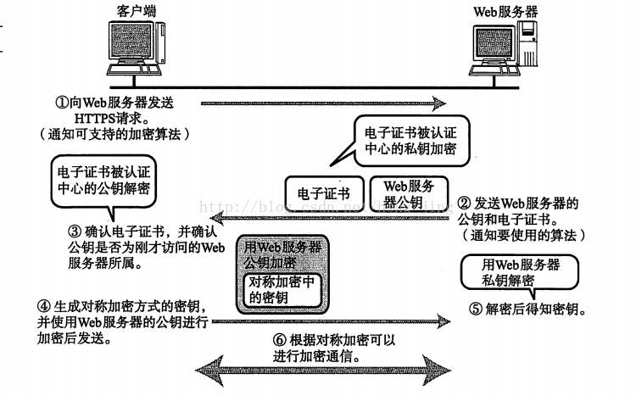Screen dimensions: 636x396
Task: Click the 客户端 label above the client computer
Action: click(x=137, y=11)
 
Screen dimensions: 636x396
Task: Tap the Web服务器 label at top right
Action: click(x=505, y=11)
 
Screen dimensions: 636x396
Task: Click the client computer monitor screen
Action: click(x=131, y=41)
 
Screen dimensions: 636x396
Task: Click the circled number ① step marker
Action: click(x=62, y=102)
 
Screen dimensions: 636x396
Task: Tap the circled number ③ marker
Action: click(x=75, y=231)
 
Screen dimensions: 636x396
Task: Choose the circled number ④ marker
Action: click(x=44, y=305)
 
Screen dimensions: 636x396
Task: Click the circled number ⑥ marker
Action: click(x=280, y=340)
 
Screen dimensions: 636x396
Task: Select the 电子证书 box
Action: click(x=324, y=193)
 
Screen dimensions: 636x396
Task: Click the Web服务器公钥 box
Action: click(x=410, y=193)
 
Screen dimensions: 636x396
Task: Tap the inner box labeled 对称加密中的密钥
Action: click(x=282, y=290)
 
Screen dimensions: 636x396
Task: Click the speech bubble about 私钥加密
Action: click(x=411, y=141)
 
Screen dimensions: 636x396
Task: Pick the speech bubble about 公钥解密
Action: click(x=103, y=181)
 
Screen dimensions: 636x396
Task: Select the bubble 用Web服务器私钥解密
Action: click(x=520, y=272)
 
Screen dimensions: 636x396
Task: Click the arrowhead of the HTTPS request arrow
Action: click(x=439, y=103)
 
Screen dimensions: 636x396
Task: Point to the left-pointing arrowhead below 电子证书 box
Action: click(x=218, y=219)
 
